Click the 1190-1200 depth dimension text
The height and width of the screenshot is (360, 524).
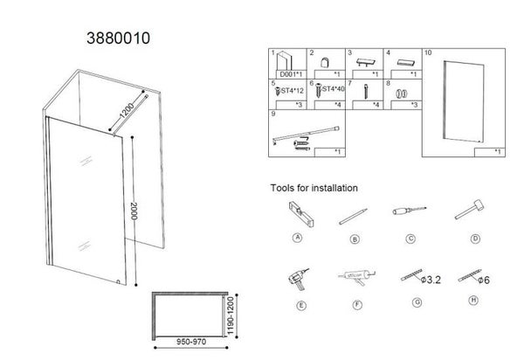[231, 315]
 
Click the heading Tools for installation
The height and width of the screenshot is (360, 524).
[314, 188]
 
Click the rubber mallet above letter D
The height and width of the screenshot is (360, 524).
[469, 212]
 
